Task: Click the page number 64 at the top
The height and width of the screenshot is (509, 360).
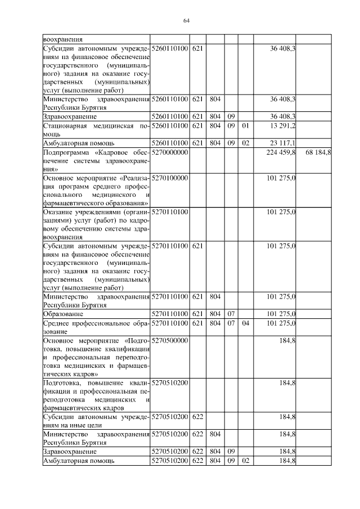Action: (x=187, y=21)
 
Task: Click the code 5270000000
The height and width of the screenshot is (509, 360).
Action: (x=170, y=152)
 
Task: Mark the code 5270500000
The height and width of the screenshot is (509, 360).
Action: (x=170, y=341)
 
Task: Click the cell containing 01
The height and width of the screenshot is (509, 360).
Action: (x=245, y=125)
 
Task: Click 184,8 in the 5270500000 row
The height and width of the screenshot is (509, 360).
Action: (x=287, y=341)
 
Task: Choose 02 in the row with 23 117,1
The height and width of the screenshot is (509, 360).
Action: (x=245, y=143)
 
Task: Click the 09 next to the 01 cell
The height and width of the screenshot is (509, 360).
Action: (x=231, y=125)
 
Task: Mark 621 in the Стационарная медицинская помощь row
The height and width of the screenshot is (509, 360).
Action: (x=197, y=125)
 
